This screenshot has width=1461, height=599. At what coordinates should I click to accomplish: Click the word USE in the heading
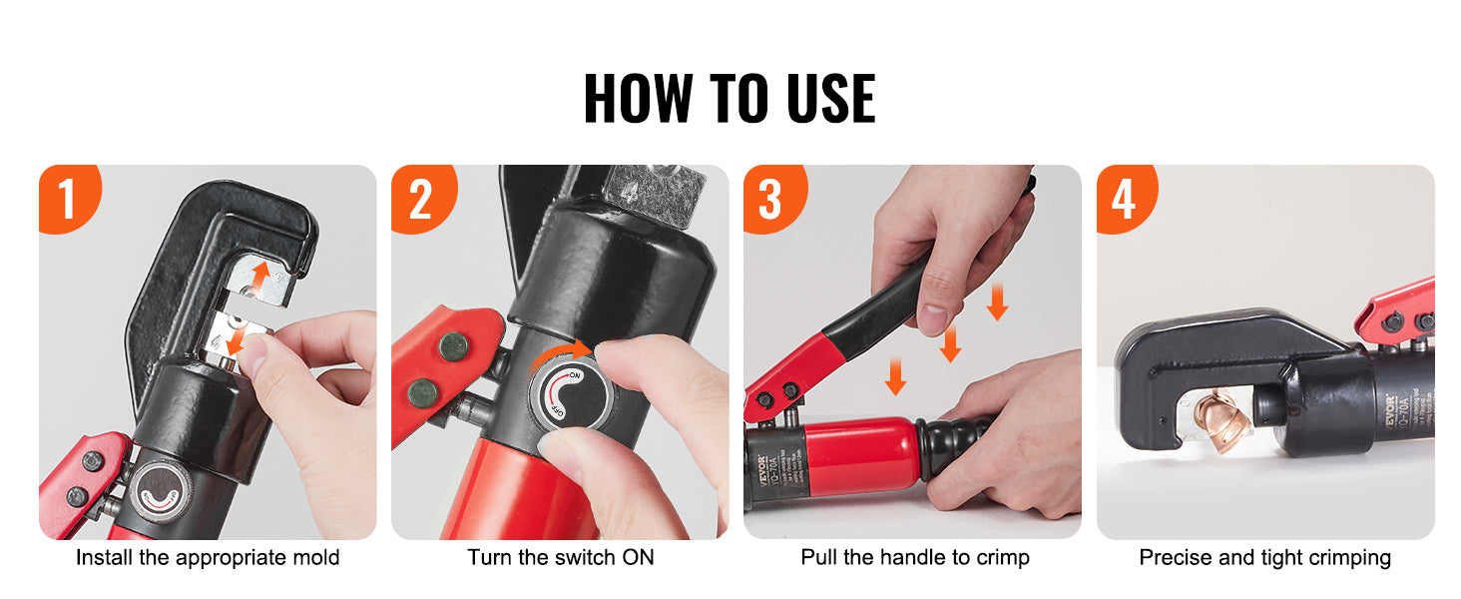coord(815,98)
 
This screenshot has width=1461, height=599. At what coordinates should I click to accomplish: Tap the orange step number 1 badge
coord(67,199)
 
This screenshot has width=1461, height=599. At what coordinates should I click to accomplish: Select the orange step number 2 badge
coord(420,199)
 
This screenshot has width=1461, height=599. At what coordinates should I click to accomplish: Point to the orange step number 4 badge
coord(1124,199)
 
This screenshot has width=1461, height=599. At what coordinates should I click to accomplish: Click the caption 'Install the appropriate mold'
coord(208,557)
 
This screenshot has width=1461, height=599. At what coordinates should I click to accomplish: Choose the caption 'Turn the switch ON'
coord(561,557)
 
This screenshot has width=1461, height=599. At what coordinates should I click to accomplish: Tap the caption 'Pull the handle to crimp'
coord(914,557)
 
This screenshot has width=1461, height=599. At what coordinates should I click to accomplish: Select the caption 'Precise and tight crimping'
coord(1264,557)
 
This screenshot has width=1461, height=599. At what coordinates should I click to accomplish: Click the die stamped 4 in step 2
coord(654,186)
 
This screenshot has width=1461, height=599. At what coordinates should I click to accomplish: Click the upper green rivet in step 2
coord(452,346)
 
